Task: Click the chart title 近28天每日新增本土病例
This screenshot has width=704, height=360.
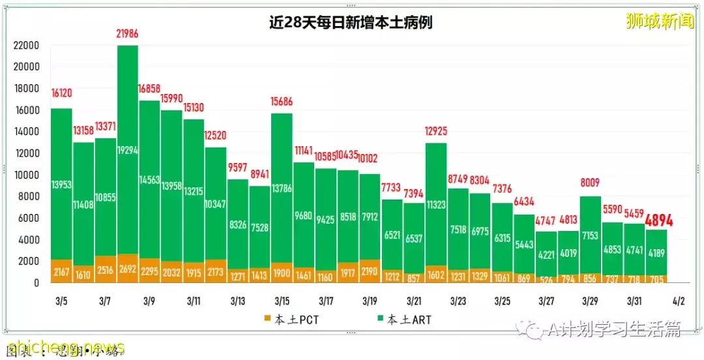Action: (351, 23)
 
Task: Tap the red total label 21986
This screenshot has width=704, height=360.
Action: (128, 34)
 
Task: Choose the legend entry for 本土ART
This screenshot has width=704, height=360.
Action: (403, 320)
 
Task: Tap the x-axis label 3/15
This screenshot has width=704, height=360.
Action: (282, 301)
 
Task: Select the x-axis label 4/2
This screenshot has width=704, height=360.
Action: (678, 301)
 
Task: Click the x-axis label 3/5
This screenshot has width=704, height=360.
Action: (61, 301)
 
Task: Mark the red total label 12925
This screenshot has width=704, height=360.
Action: (435, 132)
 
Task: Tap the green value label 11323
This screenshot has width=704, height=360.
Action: (435, 204)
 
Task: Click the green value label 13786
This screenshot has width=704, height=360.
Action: (282, 188)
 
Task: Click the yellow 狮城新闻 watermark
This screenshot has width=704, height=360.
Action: (659, 21)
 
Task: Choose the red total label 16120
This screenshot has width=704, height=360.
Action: (62, 92)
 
